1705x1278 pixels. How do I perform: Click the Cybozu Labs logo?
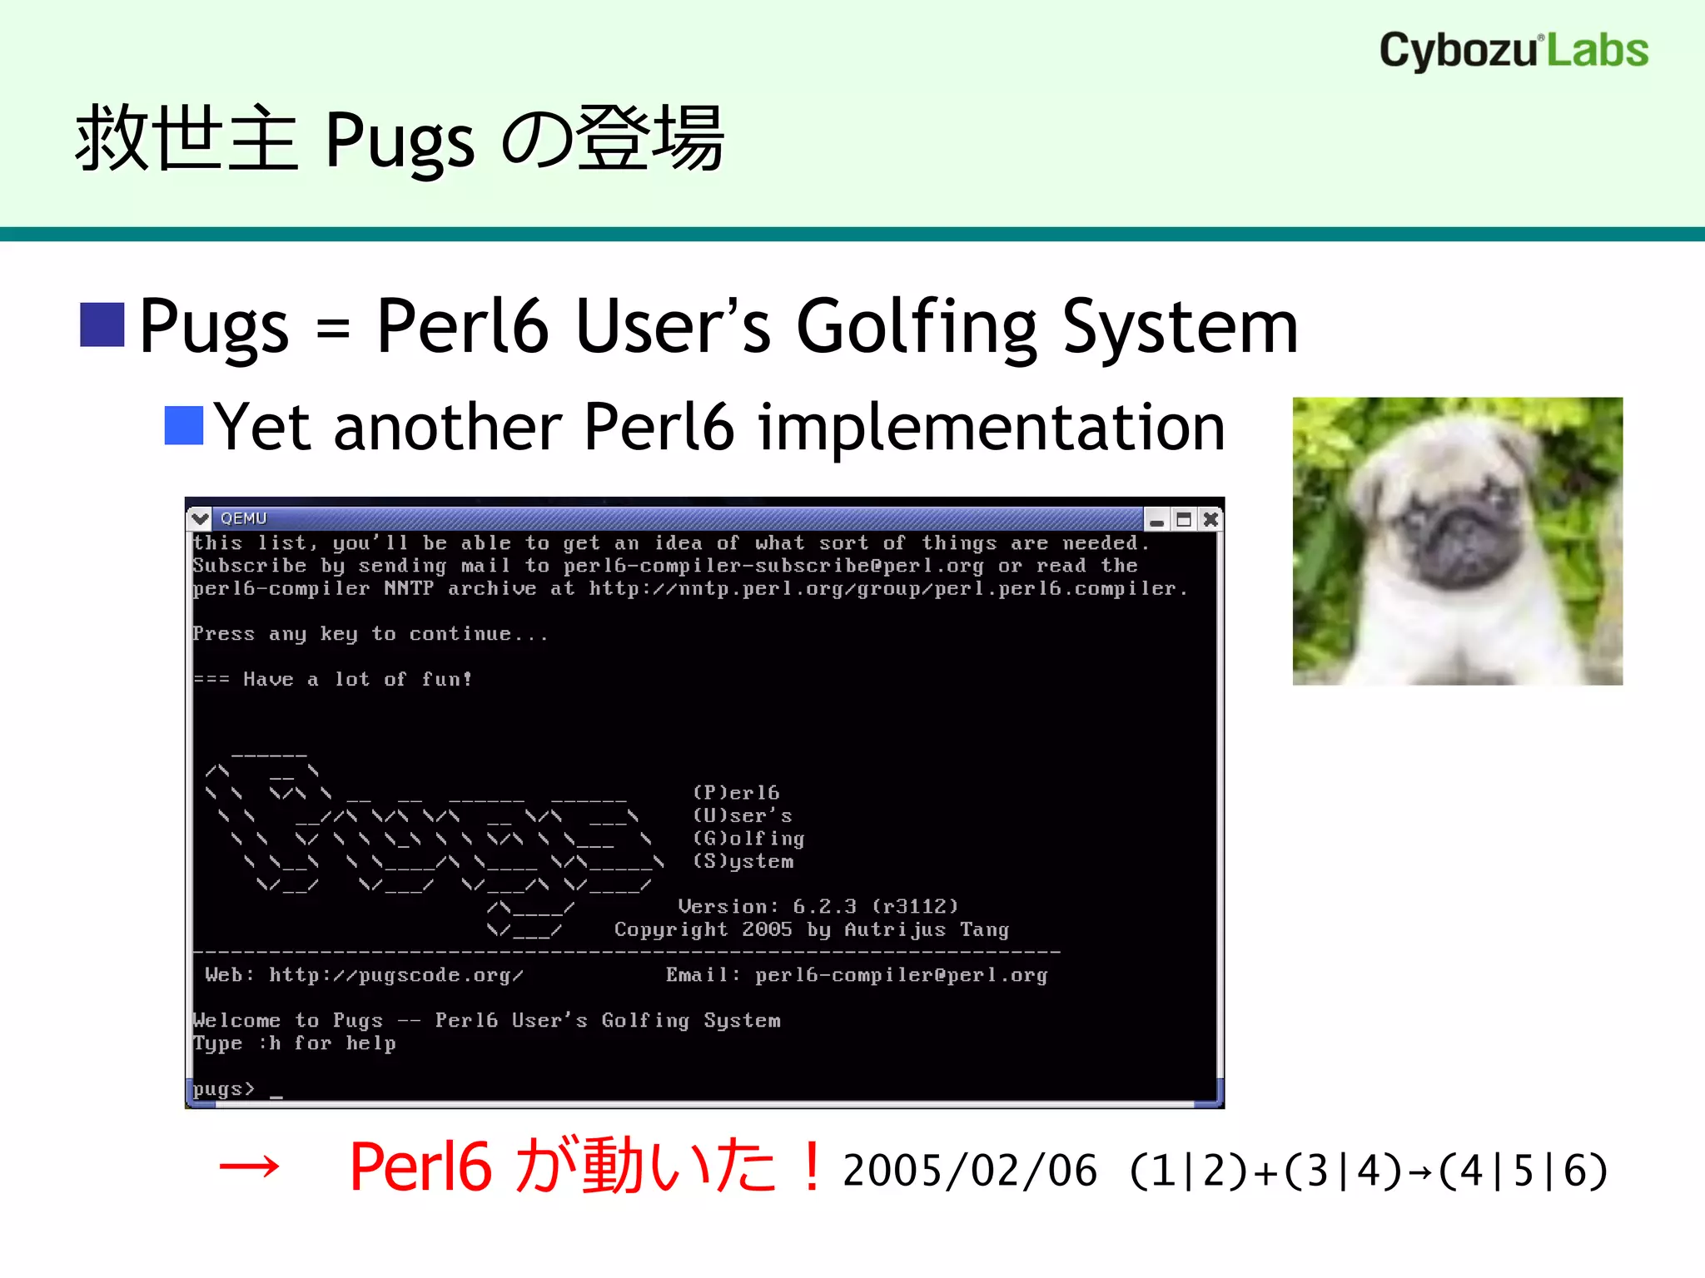1514,50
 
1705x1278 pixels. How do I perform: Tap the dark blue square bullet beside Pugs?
102,324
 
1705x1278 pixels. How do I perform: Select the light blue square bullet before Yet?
184,426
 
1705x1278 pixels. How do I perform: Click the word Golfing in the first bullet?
917,327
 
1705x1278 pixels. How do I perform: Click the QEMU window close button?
1210,520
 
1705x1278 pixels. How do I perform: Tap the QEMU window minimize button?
1156,520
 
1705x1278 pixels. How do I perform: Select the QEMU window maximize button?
1183,520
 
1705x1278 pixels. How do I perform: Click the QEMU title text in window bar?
243,518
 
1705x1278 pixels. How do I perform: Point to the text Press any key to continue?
370,634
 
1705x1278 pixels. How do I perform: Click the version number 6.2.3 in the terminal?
824,906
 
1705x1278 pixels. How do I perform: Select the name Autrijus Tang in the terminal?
926,929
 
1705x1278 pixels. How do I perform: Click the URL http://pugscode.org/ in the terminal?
396,975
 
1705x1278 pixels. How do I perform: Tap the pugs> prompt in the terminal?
223,1089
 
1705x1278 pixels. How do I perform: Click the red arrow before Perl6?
248,1168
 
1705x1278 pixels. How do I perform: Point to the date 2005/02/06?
970,1171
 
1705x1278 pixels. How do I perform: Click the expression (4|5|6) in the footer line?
1523,1171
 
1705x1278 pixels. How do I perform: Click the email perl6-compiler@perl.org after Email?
901,975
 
